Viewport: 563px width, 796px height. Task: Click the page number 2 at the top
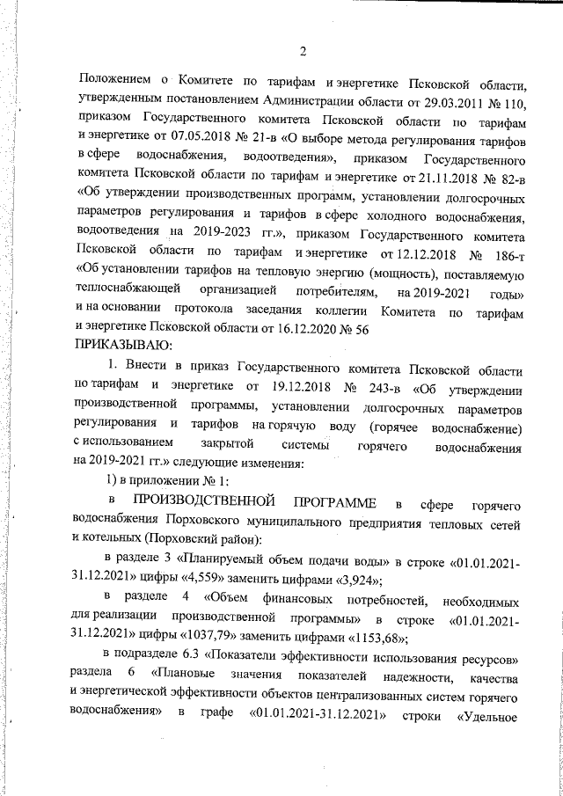(303, 48)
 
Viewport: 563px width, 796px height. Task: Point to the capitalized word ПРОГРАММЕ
(335, 502)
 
